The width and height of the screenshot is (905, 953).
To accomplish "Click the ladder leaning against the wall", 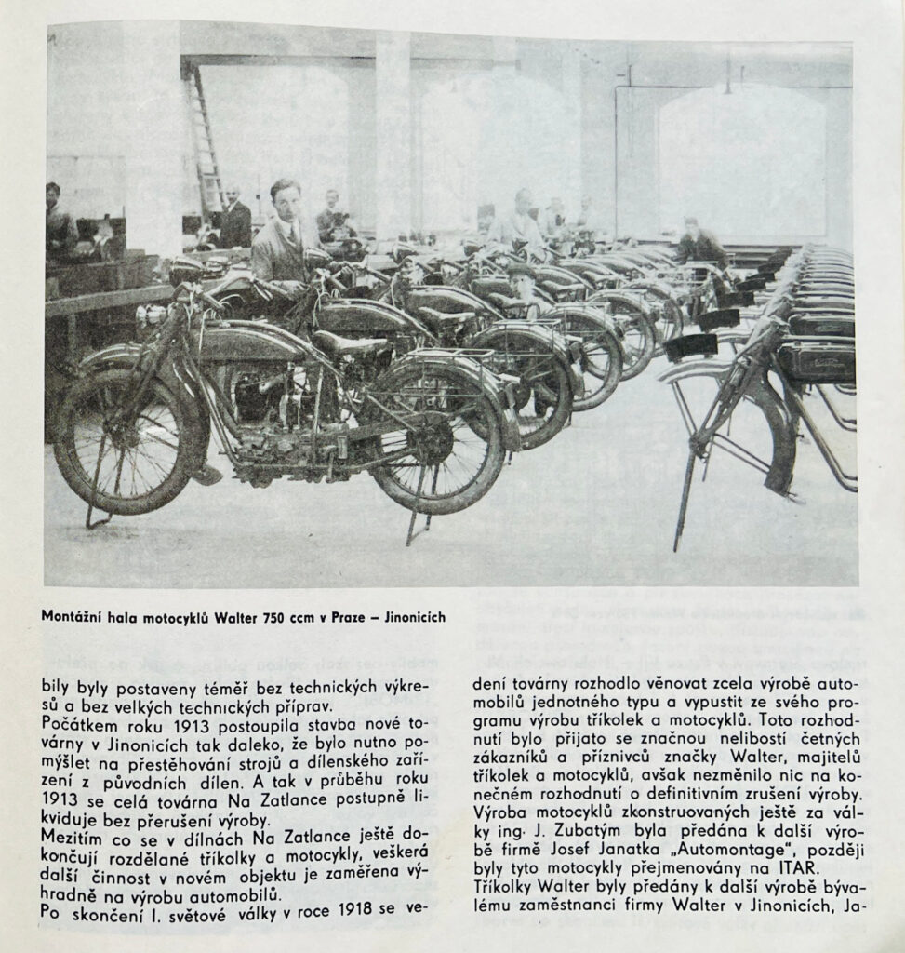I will click(x=205, y=140).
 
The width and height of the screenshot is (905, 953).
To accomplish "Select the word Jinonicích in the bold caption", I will click(x=408, y=616).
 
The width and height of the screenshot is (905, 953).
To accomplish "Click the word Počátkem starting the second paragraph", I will click(x=75, y=721).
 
